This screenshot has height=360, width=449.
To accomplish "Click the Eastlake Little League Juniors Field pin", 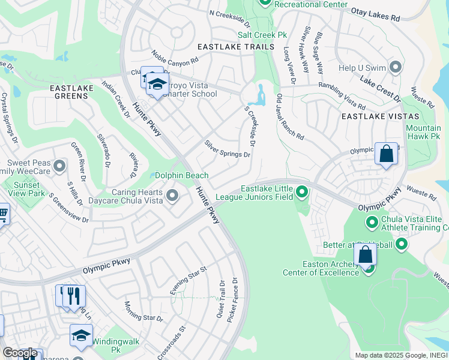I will click(x=302, y=193).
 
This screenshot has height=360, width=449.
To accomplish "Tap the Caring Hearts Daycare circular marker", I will click(x=172, y=196).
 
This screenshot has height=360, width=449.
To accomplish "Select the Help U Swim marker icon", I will click(x=396, y=67).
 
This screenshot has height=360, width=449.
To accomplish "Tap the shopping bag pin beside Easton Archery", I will click(x=366, y=256).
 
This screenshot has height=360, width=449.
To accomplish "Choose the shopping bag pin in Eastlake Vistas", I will click(x=387, y=154).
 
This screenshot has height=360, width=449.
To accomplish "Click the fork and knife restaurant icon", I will click(x=75, y=295).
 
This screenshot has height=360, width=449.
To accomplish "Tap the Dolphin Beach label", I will click(x=181, y=176).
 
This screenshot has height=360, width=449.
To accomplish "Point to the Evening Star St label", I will click(x=188, y=280).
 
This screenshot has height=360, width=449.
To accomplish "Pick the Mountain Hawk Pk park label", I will click(x=423, y=132).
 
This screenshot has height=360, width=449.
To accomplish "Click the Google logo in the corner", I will click(x=19, y=353).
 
